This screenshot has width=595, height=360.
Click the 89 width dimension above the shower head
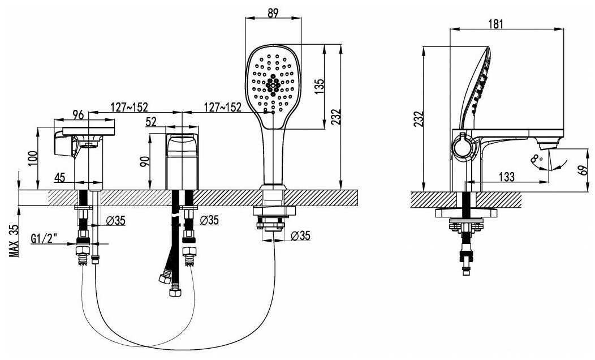pyautogui.click(x=273, y=12)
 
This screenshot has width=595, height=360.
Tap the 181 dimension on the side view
pyautogui.click(x=495, y=24)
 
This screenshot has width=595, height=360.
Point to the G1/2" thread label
pyautogui.click(x=44, y=239)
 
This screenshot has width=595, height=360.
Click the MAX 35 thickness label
pyautogui.click(x=14, y=241)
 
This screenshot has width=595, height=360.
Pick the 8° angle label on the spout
pyautogui.click(x=537, y=158)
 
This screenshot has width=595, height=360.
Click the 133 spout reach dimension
pyautogui.click(x=506, y=177)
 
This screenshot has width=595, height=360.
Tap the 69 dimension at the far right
pyautogui.click(x=584, y=169)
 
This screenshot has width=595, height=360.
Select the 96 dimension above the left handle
pyautogui.click(x=78, y=114)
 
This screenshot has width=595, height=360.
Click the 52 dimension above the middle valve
pyautogui.click(x=150, y=122)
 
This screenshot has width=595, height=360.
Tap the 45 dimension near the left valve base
pyautogui.click(x=59, y=177)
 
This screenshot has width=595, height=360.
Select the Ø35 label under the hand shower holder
pyautogui.click(x=300, y=235)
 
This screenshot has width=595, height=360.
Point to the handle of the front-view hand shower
pyautogui.click(x=273, y=156)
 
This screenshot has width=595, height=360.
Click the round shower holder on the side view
pyautogui.click(x=462, y=145)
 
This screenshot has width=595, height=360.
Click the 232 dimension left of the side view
pyautogui.click(x=418, y=119)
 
